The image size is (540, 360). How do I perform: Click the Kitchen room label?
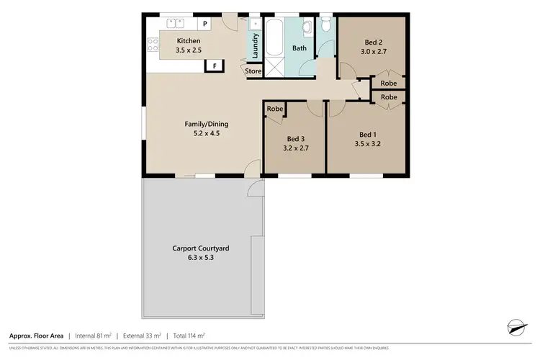pyautogui.click(x=189, y=41)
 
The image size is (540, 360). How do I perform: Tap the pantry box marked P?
pyautogui.click(x=204, y=24)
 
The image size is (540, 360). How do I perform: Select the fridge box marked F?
pyautogui.click(x=213, y=66)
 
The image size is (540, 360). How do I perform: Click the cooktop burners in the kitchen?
pyautogui.click(x=153, y=45)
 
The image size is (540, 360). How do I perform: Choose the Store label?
pyautogui.click(x=253, y=71)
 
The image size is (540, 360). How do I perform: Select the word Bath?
pyautogui.click(x=300, y=49)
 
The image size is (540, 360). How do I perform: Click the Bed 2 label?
pyautogui.click(x=373, y=42)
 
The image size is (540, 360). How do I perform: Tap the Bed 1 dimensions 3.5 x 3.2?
pyautogui.click(x=368, y=144)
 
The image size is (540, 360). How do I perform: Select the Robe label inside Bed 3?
pyautogui.click(x=274, y=109)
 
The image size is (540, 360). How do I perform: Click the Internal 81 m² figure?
pyautogui.click(x=94, y=336)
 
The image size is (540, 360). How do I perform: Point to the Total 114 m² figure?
pyautogui.click(x=189, y=336)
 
